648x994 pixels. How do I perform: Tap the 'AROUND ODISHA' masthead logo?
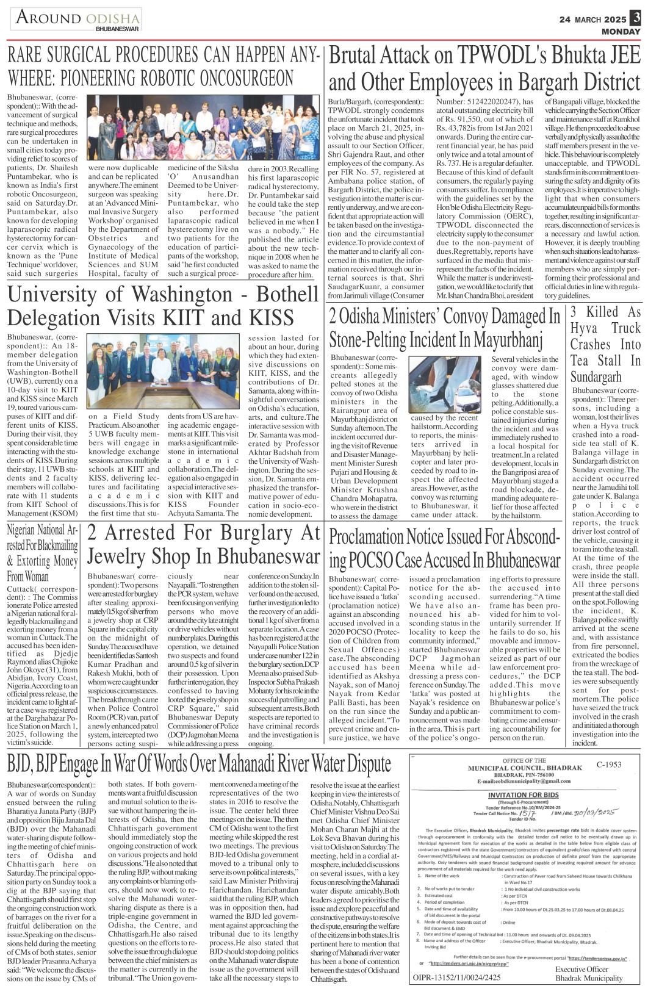[77, 19]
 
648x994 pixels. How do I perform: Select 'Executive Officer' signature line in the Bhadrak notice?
[582, 969]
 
